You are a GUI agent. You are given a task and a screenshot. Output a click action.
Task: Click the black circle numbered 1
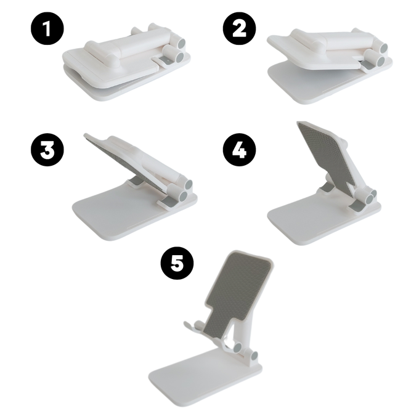[x=47, y=28]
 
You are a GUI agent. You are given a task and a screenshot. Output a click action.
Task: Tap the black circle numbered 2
[x=239, y=28]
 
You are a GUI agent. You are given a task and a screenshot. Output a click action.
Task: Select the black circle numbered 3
[x=47, y=150]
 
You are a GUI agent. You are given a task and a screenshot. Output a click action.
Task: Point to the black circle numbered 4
[x=239, y=150]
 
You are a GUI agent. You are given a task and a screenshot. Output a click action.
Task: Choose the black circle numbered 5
[x=177, y=263]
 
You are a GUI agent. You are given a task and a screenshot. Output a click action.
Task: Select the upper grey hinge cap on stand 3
[x=189, y=185]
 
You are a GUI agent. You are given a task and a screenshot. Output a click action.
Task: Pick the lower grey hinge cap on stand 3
[x=184, y=197]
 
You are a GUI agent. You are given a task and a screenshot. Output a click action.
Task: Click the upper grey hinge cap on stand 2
[x=384, y=48]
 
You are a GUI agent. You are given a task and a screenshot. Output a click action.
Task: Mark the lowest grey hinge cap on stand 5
[x=255, y=356]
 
